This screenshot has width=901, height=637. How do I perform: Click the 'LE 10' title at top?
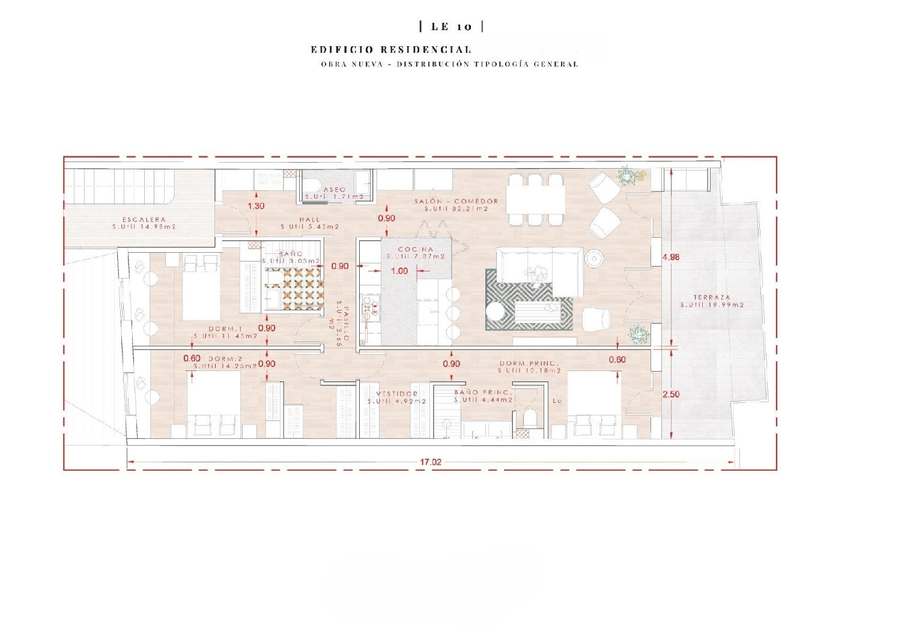[452, 26]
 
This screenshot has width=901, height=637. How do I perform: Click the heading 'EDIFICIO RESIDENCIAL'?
[391, 50]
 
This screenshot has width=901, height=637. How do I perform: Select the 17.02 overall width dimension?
[431, 462]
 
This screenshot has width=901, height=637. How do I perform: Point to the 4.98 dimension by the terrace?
[671, 257]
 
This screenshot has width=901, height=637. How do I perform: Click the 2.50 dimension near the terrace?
[671, 394]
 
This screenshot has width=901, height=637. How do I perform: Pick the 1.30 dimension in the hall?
[256, 206]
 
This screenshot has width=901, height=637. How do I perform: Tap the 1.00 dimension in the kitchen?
[399, 271]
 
